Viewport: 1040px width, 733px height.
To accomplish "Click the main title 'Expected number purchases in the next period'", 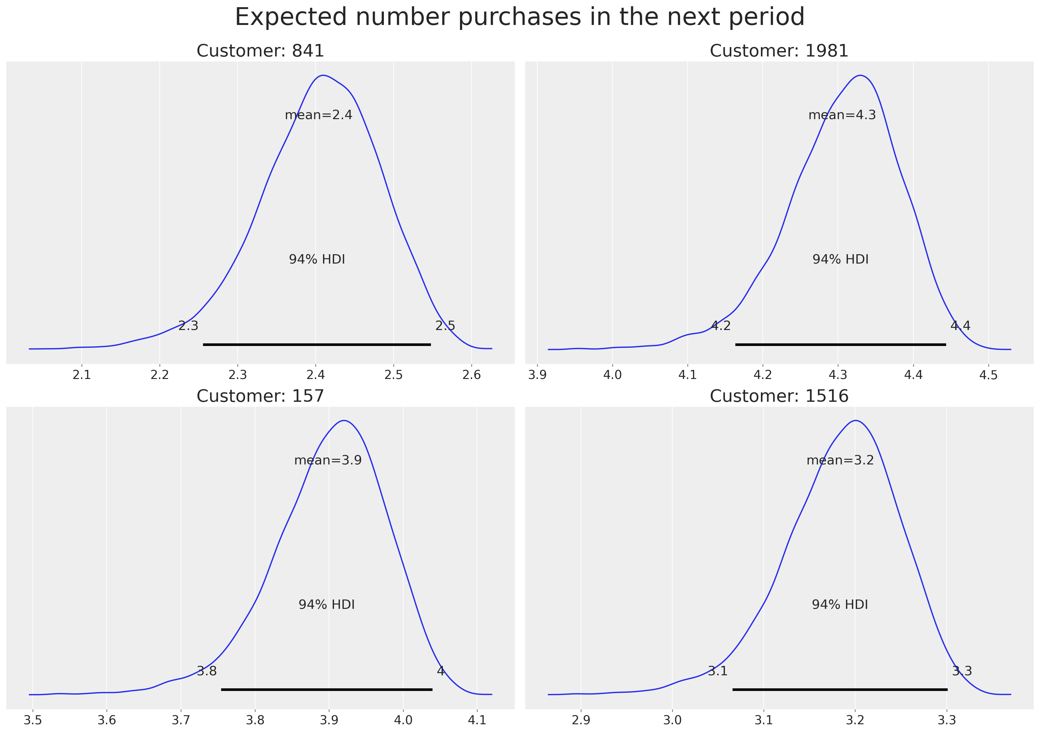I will [520, 17].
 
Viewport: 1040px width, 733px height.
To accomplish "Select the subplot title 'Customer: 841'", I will [260, 51].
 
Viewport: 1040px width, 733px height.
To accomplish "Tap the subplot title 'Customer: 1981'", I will [779, 51].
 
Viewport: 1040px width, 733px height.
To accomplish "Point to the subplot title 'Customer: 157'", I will [260, 396].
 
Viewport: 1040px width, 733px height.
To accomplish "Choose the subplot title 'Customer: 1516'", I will [779, 396].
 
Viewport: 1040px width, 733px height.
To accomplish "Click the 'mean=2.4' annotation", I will [318, 115].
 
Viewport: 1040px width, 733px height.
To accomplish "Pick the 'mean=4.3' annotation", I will [842, 115].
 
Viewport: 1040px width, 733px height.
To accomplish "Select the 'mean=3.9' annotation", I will [328, 460].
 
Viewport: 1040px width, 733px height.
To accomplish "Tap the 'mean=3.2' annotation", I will [840, 460].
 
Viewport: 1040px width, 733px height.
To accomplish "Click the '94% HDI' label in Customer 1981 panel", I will [841, 260].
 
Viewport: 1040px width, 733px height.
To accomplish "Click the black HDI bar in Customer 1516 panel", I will [840, 690].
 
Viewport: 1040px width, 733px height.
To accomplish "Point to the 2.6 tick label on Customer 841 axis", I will [472, 375].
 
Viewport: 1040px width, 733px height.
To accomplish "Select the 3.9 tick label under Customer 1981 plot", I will [537, 375].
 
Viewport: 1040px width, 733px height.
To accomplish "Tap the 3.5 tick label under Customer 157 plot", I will [33, 720].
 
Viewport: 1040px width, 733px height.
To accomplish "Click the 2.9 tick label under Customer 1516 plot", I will [581, 720].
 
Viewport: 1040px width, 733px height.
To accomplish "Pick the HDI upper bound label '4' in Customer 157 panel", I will [441, 671].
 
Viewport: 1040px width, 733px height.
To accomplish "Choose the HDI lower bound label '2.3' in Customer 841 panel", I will [188, 326].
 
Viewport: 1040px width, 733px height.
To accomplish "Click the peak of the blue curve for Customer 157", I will [344, 420].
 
